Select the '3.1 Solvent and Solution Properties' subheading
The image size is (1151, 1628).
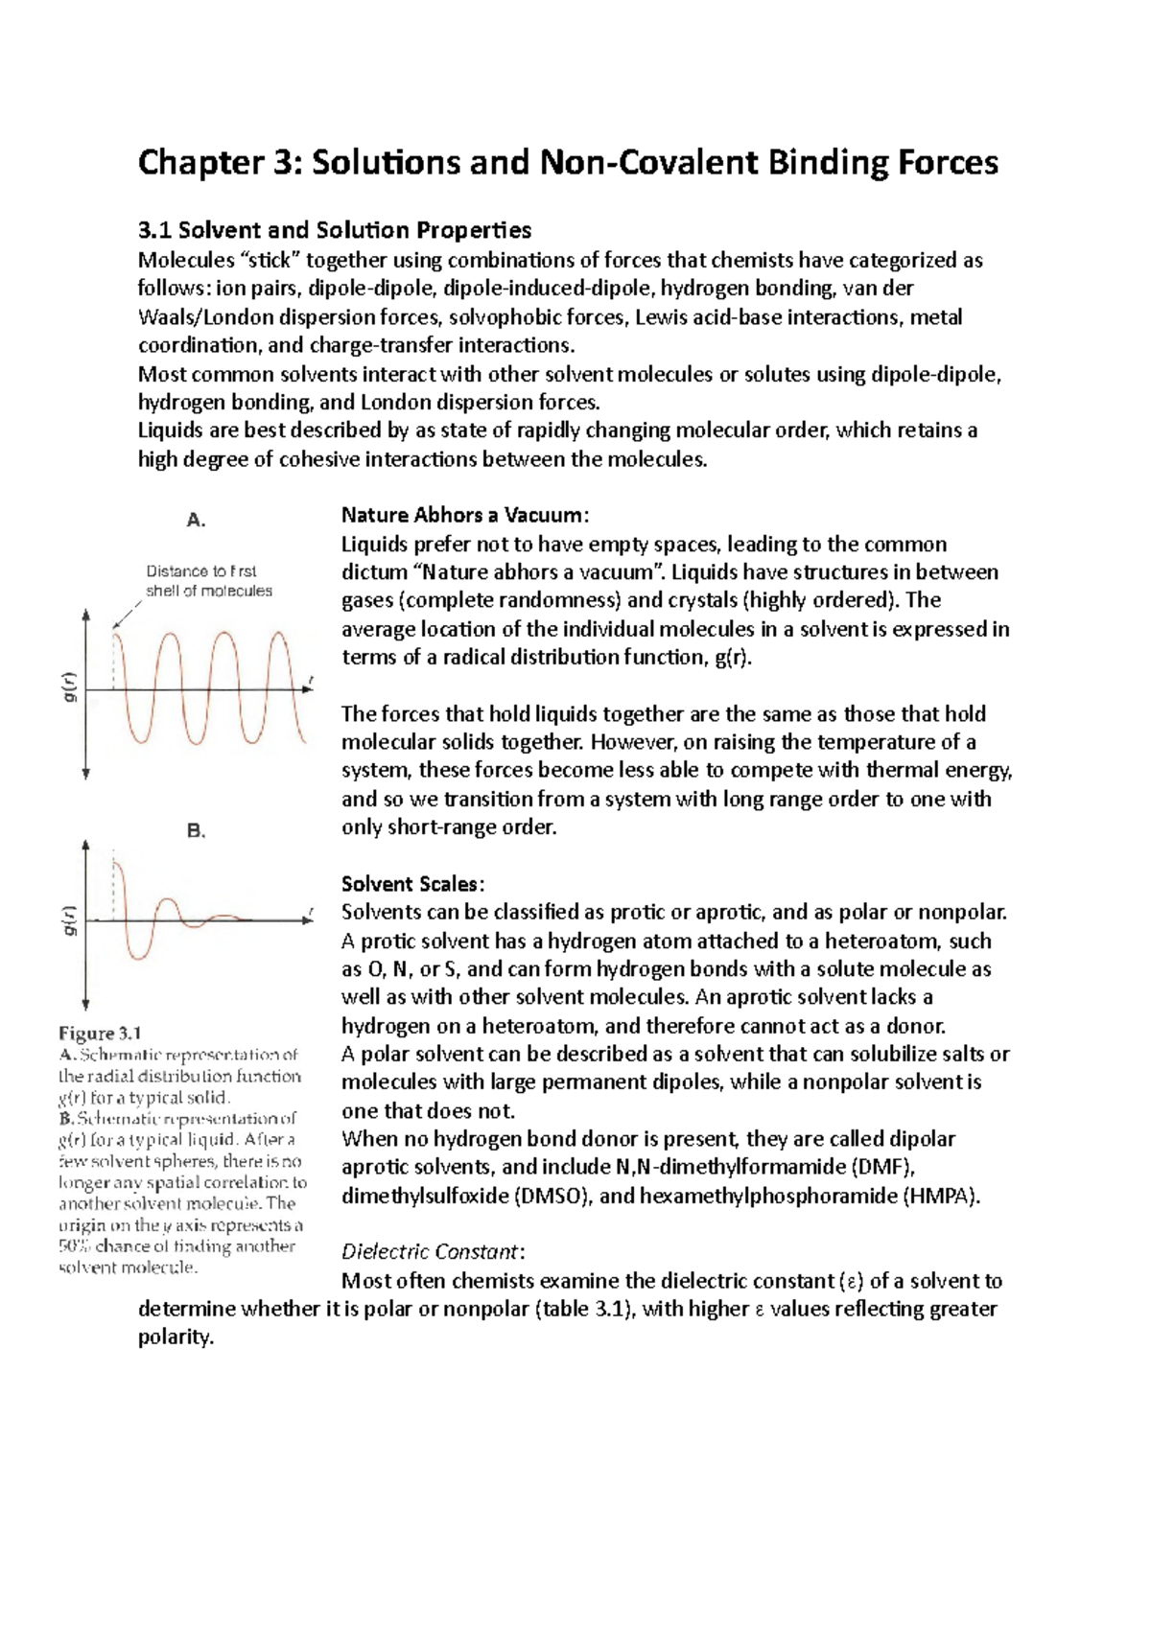[334, 230]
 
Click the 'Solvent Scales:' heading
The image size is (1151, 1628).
[412, 884]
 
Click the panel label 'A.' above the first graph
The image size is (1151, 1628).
[196, 521]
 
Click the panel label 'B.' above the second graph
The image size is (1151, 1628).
[196, 831]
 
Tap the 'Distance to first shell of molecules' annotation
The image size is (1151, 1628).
[208, 581]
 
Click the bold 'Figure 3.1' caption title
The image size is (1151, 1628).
[100, 1034]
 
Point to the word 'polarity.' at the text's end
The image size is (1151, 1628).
[176, 1337]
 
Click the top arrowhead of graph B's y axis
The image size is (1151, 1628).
[86, 846]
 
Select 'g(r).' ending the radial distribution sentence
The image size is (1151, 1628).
[728, 658]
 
